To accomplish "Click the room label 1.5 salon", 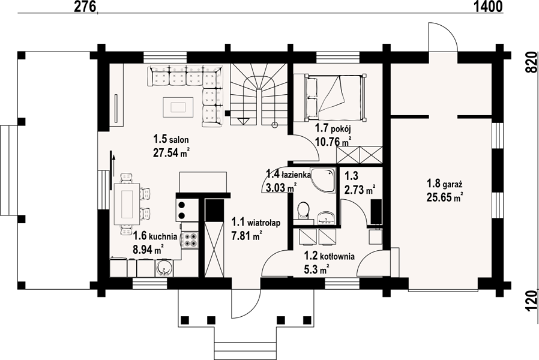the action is click(171, 139).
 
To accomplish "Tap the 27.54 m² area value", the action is click(172, 152).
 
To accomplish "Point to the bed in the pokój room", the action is click(334, 97).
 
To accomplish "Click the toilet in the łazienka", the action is click(304, 210).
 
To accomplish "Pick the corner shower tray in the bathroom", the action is click(323, 180).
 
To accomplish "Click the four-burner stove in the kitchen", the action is click(190, 239).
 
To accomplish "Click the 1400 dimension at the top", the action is click(488, 7).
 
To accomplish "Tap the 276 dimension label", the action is click(85, 7).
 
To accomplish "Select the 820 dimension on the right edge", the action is click(531, 62).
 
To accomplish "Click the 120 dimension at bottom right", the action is click(531, 301).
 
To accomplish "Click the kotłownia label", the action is click(337, 256).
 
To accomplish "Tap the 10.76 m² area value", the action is click(333, 141).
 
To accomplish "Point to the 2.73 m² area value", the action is click(359, 189).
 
